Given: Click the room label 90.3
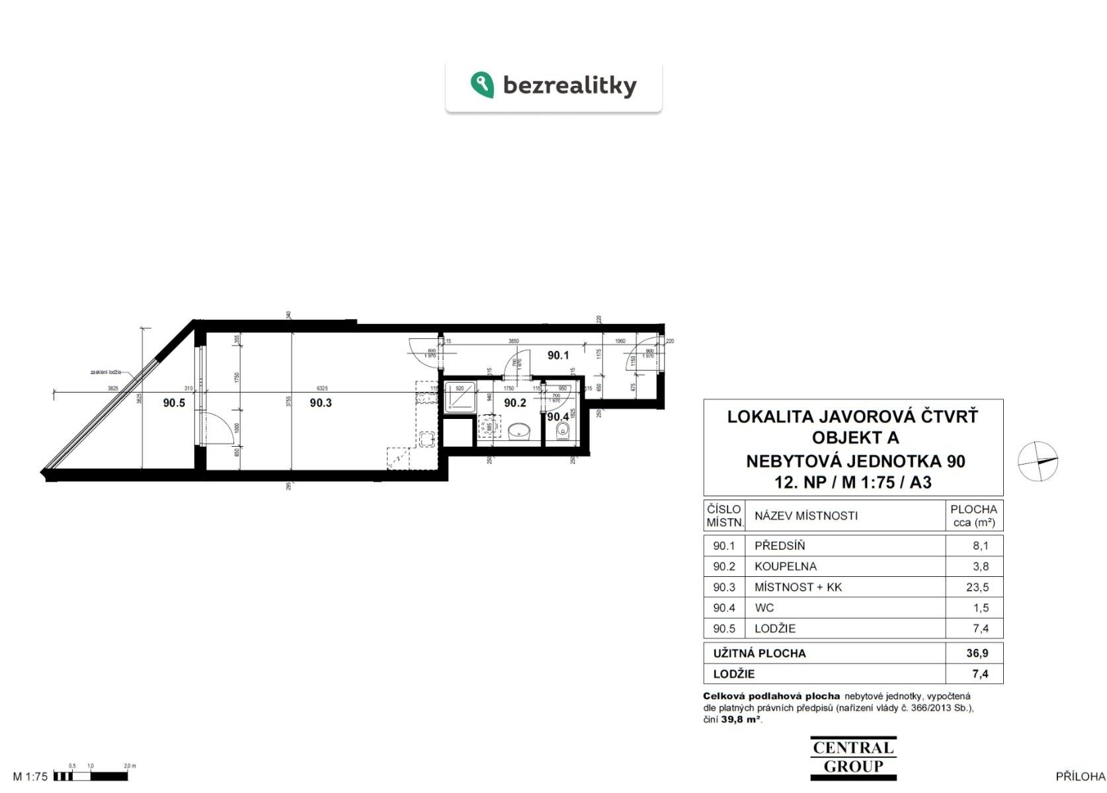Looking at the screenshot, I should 321,402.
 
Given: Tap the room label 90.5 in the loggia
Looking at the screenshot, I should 174,402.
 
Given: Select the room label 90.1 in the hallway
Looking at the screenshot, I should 558,356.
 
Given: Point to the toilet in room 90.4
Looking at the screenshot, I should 563,432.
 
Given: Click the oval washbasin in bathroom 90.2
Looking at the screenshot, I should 520,432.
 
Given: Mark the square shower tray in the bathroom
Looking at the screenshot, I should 459,398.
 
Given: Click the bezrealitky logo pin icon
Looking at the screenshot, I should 482,85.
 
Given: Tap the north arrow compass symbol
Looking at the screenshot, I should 1038,461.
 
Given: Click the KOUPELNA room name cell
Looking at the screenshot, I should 785,566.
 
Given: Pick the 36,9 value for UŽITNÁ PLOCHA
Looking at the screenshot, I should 977,653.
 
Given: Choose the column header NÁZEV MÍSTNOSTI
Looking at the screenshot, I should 806,515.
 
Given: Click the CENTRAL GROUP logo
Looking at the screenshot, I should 853,757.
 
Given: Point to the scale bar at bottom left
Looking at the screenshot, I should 93,776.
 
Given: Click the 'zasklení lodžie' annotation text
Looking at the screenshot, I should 106,373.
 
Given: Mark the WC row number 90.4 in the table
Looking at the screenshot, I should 723,608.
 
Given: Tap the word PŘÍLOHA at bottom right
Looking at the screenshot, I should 1080,776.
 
